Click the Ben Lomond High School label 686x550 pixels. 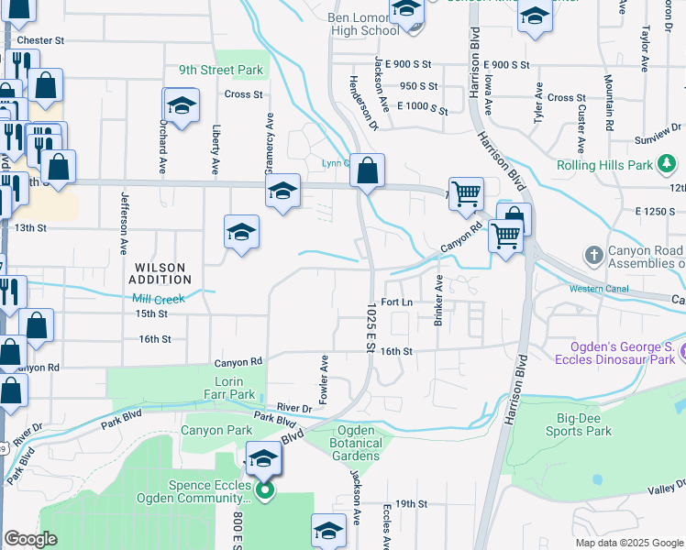365,24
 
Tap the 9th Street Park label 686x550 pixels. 221,70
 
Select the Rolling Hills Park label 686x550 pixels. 604,166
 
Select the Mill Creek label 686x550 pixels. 159,299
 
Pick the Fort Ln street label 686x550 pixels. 397,302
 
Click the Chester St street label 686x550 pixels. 40,41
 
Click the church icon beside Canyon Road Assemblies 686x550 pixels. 594,253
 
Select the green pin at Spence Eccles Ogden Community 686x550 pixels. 265,492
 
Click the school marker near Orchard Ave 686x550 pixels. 182,105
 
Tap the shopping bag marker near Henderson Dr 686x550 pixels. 367,170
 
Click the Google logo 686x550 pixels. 30,540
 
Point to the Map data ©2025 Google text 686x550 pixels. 628,543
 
